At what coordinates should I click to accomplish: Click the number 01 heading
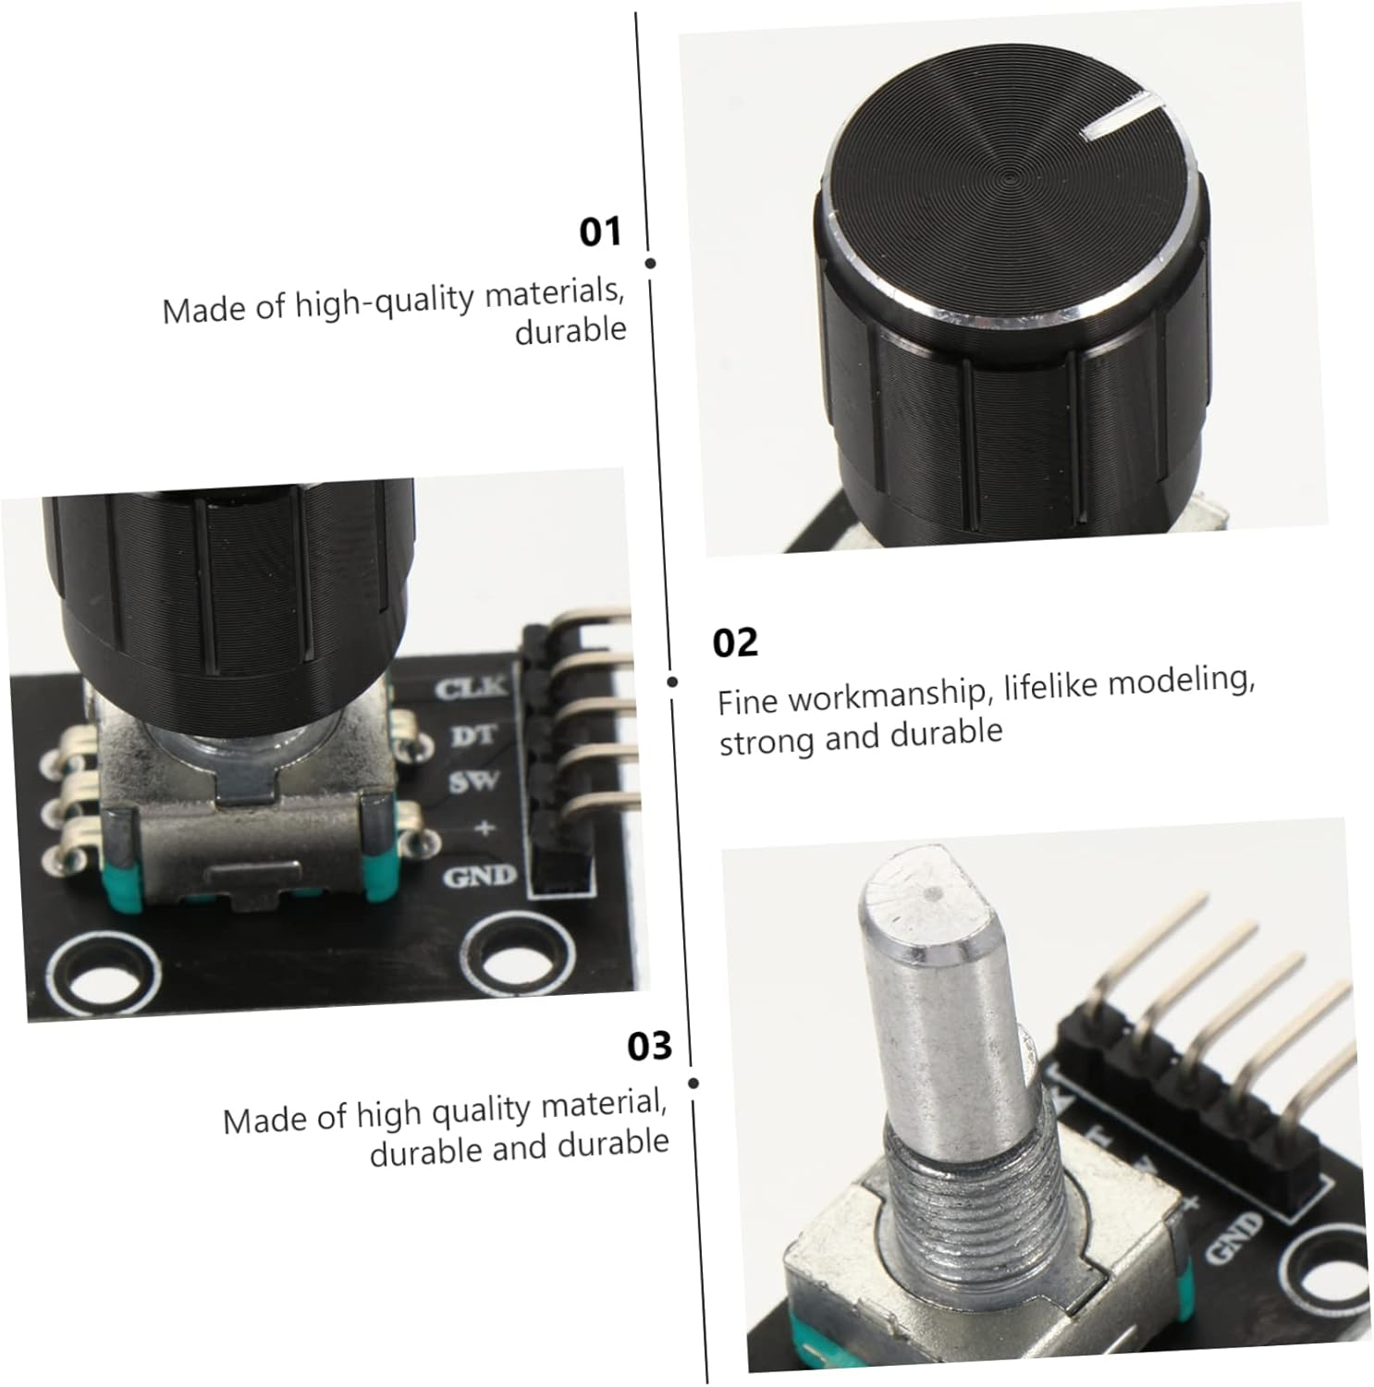tap(600, 231)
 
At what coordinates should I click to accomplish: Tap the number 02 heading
tap(735, 643)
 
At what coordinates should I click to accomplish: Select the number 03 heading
tap(649, 1046)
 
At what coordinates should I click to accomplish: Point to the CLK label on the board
tap(471, 687)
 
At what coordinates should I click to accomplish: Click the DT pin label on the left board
tap(472, 735)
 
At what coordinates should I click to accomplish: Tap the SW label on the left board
tap(473, 782)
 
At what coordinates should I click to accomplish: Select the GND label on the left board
tap(479, 875)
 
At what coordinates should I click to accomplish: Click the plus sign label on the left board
tap(484, 828)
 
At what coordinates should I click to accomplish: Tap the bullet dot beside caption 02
tap(673, 681)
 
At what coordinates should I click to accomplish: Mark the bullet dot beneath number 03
tap(693, 1083)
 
